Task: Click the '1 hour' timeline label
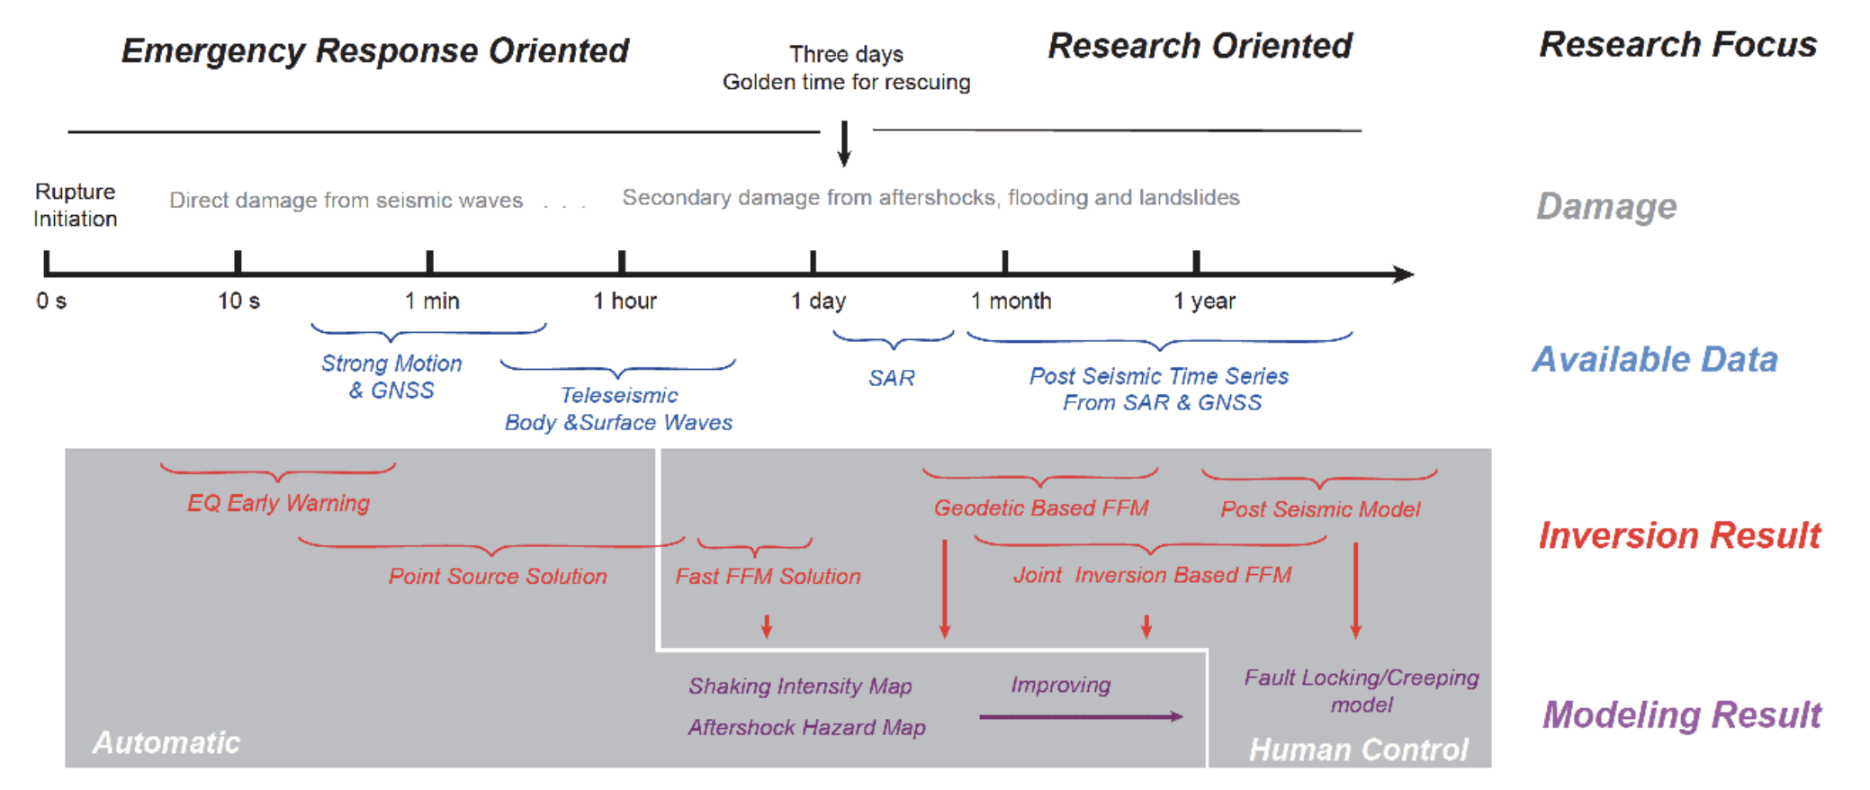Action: [x=625, y=301]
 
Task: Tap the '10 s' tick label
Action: [x=238, y=301]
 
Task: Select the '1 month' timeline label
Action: [x=1011, y=301]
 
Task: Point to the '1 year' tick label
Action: [x=1204, y=301]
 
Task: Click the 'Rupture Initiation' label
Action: [x=76, y=205]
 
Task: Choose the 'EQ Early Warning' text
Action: [x=278, y=503]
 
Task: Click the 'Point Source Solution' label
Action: [x=498, y=576]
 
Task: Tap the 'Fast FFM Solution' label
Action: [x=768, y=576]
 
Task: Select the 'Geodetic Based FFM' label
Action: [x=1041, y=508]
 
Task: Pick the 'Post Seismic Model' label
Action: [x=1320, y=509]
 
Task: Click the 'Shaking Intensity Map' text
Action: [x=800, y=686]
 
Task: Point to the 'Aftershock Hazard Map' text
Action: [x=806, y=727]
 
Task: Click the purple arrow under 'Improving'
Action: [x=1080, y=717]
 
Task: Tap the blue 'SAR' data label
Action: [x=891, y=378]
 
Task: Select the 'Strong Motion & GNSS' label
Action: [x=391, y=377]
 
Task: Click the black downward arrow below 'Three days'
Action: [x=844, y=145]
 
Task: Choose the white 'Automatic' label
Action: [x=166, y=742]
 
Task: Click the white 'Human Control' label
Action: [x=1358, y=750]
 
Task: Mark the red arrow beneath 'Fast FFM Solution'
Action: [x=767, y=626]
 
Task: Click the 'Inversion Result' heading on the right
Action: [x=1679, y=535]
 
